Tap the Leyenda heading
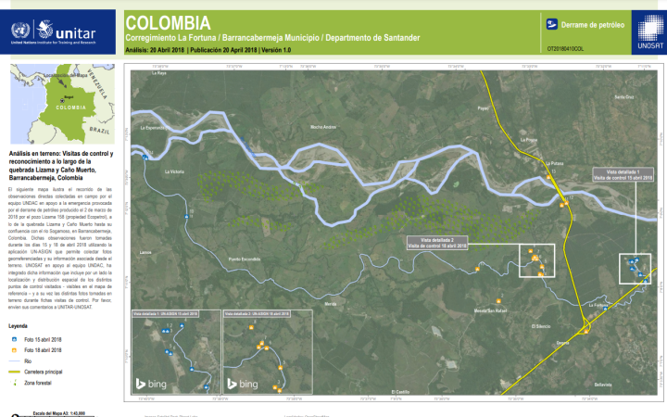[19, 327]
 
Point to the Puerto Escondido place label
[246, 259]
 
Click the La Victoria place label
[174, 172]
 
